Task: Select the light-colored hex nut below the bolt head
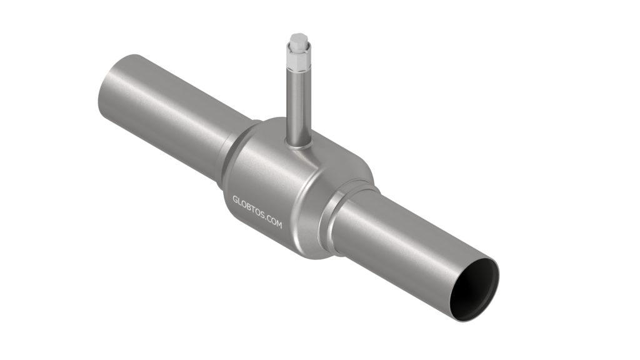pyautogui.click(x=299, y=58)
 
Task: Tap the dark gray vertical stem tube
pyautogui.click(x=298, y=107)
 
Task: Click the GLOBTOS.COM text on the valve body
pyautogui.click(x=257, y=212)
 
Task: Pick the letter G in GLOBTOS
pyautogui.click(x=236, y=199)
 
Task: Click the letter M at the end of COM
pyautogui.click(x=279, y=224)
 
